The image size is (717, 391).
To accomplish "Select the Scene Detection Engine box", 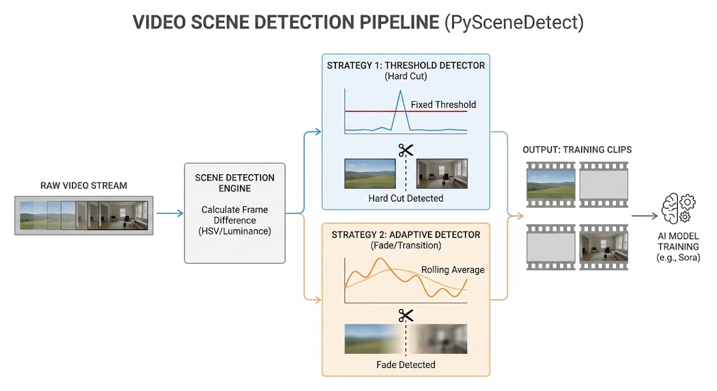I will (235, 213).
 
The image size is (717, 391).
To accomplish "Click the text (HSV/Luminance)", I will (235, 231).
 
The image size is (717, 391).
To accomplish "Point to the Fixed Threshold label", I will (443, 105).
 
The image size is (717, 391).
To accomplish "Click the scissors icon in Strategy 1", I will (405, 150).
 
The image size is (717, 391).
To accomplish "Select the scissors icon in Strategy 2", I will (405, 315).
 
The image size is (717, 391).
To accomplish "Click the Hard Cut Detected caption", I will (405, 199).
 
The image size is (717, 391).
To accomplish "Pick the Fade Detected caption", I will (405, 364).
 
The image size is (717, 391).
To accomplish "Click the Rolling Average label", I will (452, 270).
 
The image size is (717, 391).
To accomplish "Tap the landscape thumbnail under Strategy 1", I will (370, 173).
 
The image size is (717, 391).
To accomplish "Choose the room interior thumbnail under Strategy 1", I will (442, 173).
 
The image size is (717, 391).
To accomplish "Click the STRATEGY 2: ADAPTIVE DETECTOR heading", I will (405, 234).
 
